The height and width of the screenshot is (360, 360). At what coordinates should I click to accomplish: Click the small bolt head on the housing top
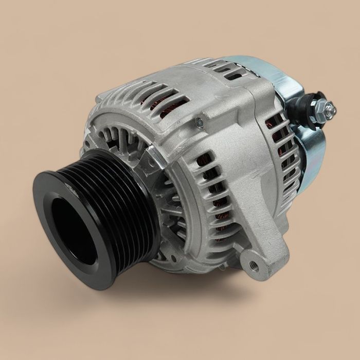click(x=199, y=122)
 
